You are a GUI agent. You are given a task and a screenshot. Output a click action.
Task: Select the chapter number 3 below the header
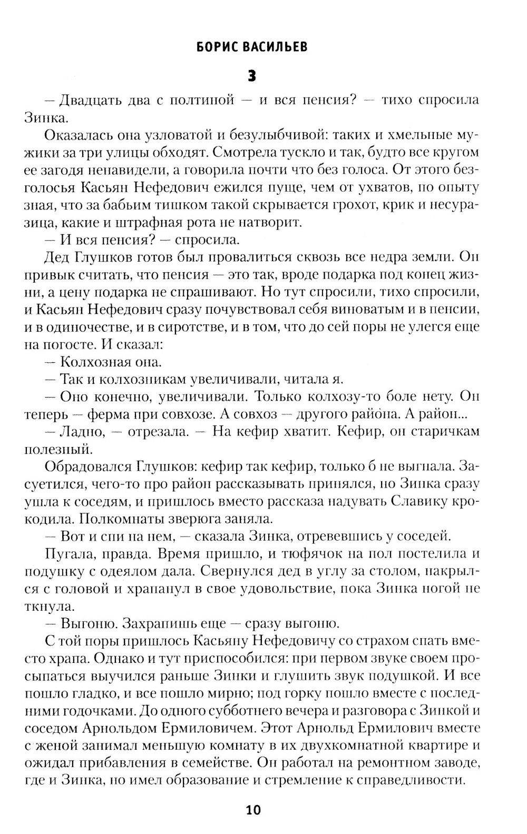(252, 76)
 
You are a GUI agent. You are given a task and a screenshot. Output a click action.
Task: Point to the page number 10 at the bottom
(253, 810)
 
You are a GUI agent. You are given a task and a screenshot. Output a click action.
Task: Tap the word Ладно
(81, 431)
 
